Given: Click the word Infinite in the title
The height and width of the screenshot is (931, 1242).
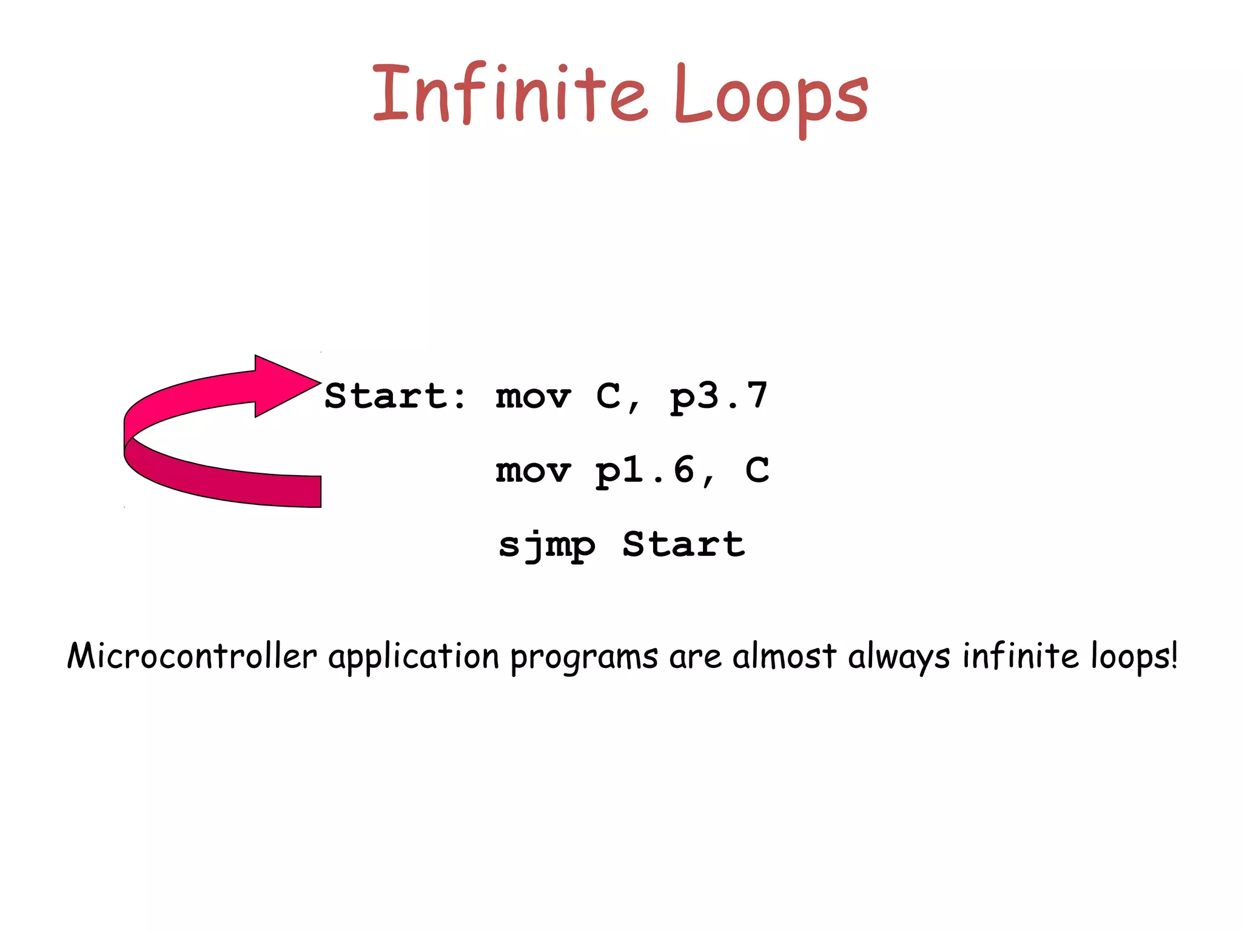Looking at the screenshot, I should point(509,94).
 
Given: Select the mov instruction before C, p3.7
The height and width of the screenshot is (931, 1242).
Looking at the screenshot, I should point(533,397).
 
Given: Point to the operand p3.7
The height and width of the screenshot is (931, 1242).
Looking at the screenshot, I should point(719,397).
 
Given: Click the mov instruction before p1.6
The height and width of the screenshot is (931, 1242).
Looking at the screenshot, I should point(533,470).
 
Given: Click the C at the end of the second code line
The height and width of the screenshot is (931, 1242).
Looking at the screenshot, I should point(757,470).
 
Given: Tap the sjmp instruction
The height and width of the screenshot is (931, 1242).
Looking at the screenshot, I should point(546,545).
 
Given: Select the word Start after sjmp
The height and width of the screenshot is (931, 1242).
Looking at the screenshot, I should point(683,544).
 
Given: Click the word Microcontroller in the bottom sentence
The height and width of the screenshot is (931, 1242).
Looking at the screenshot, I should point(192,656).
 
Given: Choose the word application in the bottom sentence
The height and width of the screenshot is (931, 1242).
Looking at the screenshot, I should point(414,657).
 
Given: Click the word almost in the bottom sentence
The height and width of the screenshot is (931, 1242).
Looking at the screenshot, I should point(784,656).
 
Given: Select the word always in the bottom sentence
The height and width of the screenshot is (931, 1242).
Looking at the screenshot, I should point(899,657).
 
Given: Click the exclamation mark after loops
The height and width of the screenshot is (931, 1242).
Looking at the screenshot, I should point(1173,655).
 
